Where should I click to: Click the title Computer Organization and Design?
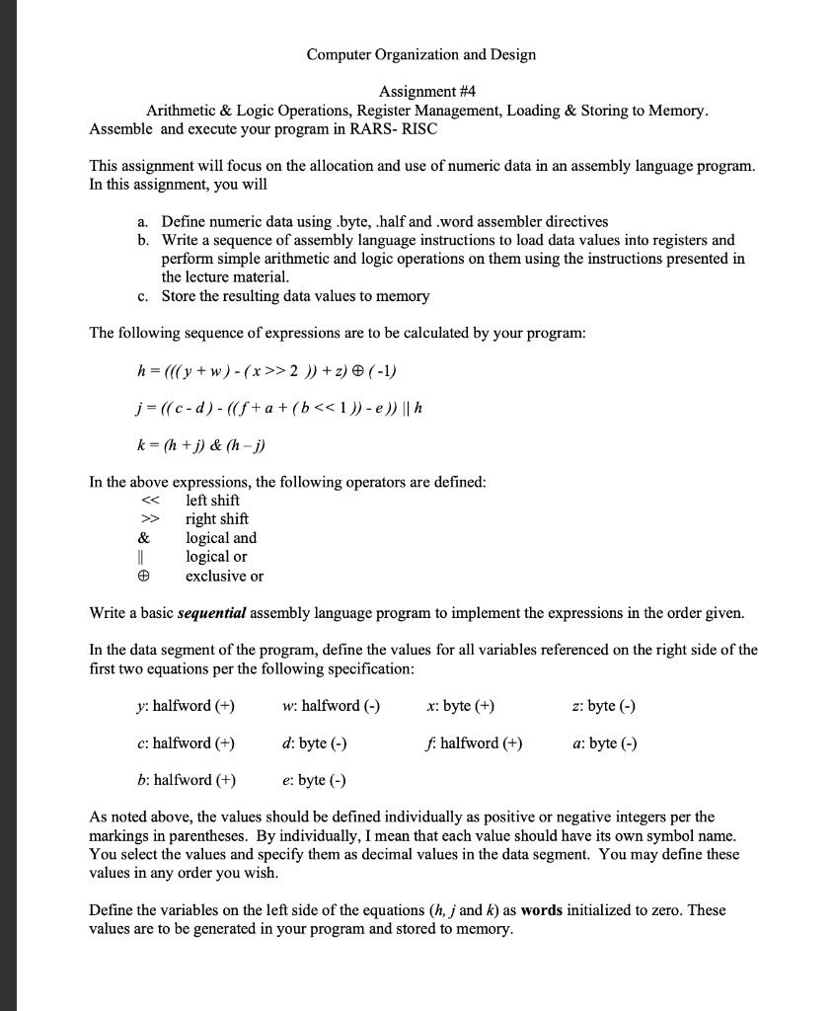(x=420, y=54)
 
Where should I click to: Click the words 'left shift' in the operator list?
(x=212, y=501)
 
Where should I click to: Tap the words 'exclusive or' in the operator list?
(x=224, y=576)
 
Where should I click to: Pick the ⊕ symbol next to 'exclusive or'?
(x=144, y=576)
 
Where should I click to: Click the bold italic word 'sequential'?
(x=211, y=613)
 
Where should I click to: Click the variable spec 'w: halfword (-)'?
(x=330, y=706)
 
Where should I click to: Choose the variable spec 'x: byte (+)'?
(x=461, y=706)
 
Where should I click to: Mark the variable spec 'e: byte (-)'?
(x=313, y=780)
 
